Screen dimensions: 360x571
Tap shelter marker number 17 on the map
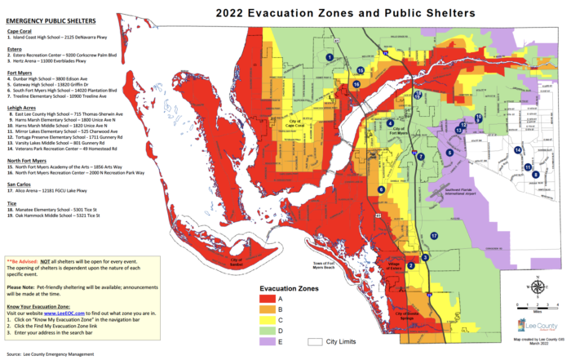point(434,235)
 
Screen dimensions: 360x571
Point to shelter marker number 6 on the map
point(380,190)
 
